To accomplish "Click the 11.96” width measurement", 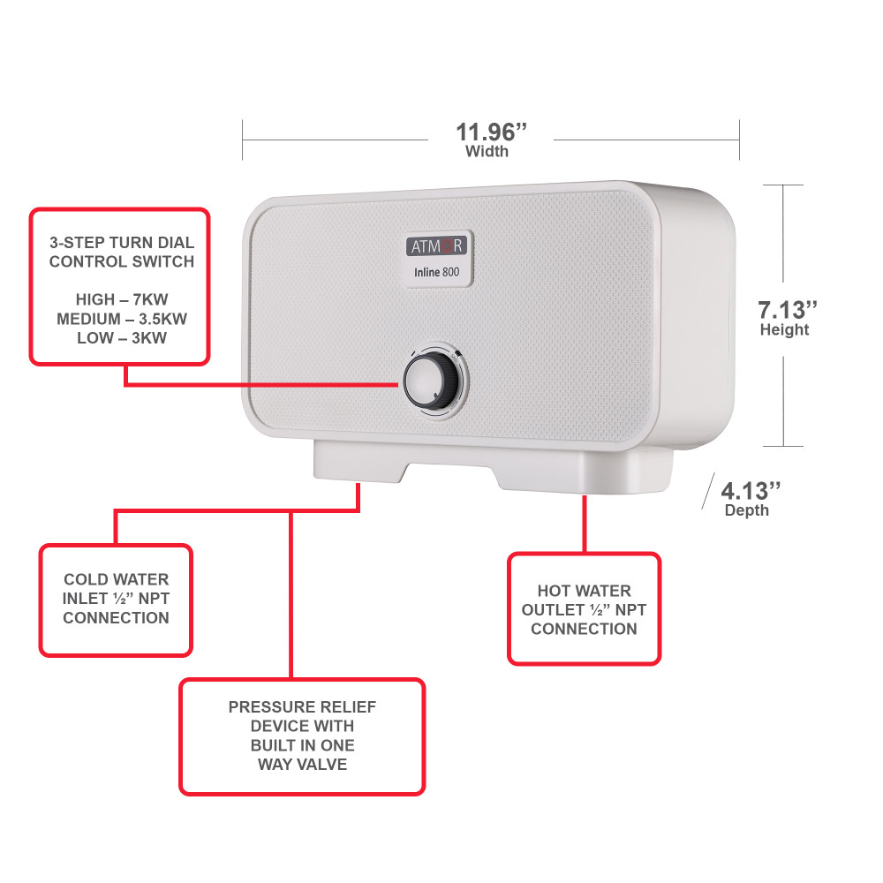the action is tap(491, 132).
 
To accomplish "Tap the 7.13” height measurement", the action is tap(788, 310).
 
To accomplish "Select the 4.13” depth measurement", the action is tap(751, 490).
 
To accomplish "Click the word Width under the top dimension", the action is tap(487, 151).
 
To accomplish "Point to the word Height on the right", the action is tap(784, 330).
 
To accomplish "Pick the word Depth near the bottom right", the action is tap(746, 510).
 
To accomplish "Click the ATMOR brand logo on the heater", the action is tap(435, 245).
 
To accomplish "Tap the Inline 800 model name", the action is tap(436, 272).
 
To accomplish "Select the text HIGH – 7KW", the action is tap(121, 300).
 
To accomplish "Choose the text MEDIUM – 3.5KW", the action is tap(121, 319).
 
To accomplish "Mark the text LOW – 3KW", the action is tap(121, 338).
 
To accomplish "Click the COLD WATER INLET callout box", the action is tap(116, 600).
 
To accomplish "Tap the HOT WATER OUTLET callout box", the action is tap(584, 609).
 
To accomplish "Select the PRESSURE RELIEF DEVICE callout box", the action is tap(302, 736).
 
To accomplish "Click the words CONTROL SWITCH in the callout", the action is tap(121, 261).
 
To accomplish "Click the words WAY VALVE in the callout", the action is tap(302, 764).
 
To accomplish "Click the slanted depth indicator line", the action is tap(708, 491).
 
